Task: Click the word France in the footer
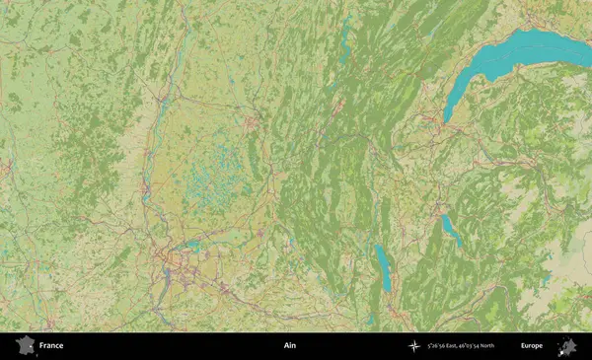tap(51, 346)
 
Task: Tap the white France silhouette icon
tap(25, 346)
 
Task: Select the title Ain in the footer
tap(289, 346)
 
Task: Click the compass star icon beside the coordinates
tap(414, 346)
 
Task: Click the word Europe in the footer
tap(532, 346)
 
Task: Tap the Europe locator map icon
tap(567, 346)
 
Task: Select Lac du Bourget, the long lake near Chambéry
tap(383, 266)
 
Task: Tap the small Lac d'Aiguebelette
tap(370, 319)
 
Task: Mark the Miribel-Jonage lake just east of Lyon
tap(193, 247)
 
